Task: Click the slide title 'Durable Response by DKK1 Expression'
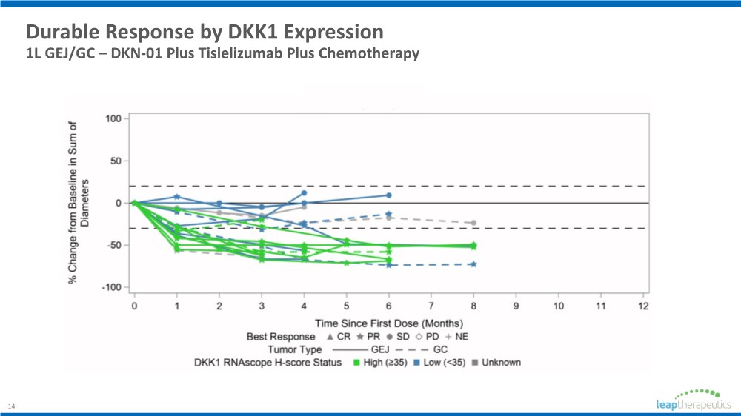[x=205, y=33]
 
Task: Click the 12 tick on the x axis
[x=643, y=306]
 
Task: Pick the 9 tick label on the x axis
[x=516, y=306]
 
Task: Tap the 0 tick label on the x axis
[x=134, y=306]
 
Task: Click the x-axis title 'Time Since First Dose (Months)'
[x=389, y=323]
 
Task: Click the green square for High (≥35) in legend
[x=356, y=363]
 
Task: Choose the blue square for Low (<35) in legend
[x=417, y=363]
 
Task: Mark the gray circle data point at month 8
[x=473, y=223]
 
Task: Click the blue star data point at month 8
[x=473, y=264]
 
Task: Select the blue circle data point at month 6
[x=388, y=195]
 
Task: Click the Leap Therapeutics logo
[x=688, y=399]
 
